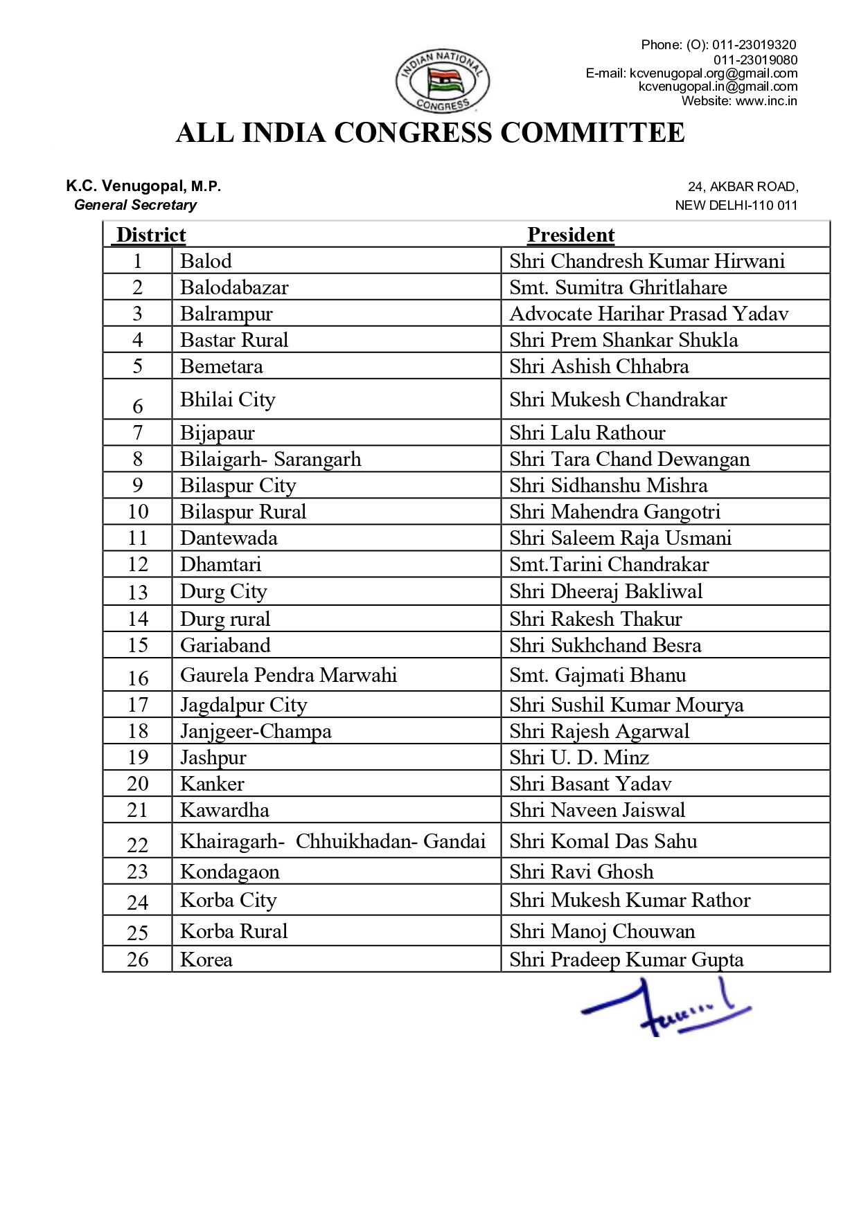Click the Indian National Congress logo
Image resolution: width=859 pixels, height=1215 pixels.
point(443,82)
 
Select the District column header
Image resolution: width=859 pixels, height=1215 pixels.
point(151,235)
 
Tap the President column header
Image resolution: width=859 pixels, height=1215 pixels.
point(571,235)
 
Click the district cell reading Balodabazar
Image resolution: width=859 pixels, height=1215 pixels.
point(234,287)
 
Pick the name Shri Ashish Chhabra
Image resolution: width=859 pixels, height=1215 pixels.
point(599,366)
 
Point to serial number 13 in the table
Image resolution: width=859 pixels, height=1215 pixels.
point(138,592)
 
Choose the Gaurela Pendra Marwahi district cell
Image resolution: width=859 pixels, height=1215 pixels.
point(288,675)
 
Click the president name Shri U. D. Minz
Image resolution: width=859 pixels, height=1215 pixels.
point(579,757)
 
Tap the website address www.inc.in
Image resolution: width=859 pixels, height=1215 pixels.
point(766,101)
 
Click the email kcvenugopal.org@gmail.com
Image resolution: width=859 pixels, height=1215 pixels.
point(714,73)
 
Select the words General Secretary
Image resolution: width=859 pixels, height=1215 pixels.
point(136,205)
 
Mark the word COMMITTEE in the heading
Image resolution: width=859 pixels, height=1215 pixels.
point(592,133)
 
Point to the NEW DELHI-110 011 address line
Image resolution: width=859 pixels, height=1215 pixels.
point(736,206)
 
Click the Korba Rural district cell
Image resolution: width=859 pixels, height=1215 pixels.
point(233,931)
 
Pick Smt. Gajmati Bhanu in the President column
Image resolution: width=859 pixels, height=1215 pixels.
point(598,675)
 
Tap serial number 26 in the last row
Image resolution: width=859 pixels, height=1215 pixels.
point(138,960)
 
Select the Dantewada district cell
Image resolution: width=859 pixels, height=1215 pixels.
point(229,538)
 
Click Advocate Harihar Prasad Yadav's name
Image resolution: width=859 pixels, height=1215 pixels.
point(649,314)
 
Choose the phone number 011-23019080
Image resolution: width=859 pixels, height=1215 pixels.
point(755,60)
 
